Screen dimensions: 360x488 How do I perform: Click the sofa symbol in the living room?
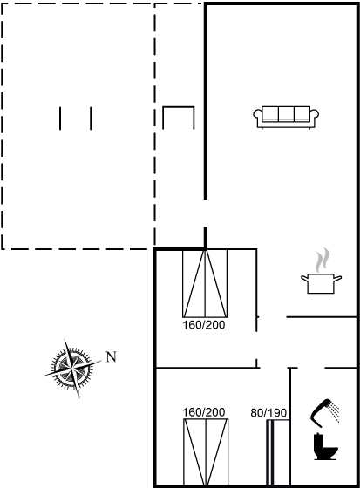click(x=286, y=118)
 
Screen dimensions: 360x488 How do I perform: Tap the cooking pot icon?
click(x=321, y=283)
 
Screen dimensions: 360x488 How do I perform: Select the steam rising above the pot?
click(x=322, y=260)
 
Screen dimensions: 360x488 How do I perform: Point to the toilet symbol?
click(x=325, y=446)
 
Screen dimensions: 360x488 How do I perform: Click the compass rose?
click(x=72, y=369)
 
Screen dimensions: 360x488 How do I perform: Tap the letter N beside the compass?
click(x=112, y=356)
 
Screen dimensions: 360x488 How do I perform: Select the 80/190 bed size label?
click(x=268, y=413)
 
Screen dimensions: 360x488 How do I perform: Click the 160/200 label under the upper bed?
click(x=204, y=325)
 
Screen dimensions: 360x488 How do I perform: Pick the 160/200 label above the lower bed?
click(x=204, y=412)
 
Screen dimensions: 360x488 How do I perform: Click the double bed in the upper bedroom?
click(x=205, y=283)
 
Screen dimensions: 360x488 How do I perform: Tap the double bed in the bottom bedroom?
click(x=206, y=453)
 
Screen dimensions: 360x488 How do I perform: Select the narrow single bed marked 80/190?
click(x=278, y=453)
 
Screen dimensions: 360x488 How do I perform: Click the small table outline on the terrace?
click(x=179, y=107)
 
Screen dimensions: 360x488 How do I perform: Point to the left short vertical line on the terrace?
click(x=60, y=119)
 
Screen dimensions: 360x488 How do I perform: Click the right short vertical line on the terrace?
click(x=91, y=119)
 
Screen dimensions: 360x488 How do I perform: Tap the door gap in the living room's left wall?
click(x=205, y=213)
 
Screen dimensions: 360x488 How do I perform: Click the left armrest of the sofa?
click(x=258, y=114)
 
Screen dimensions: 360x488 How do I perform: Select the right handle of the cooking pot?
click(x=337, y=278)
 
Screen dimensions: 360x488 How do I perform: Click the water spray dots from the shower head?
click(x=335, y=413)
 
